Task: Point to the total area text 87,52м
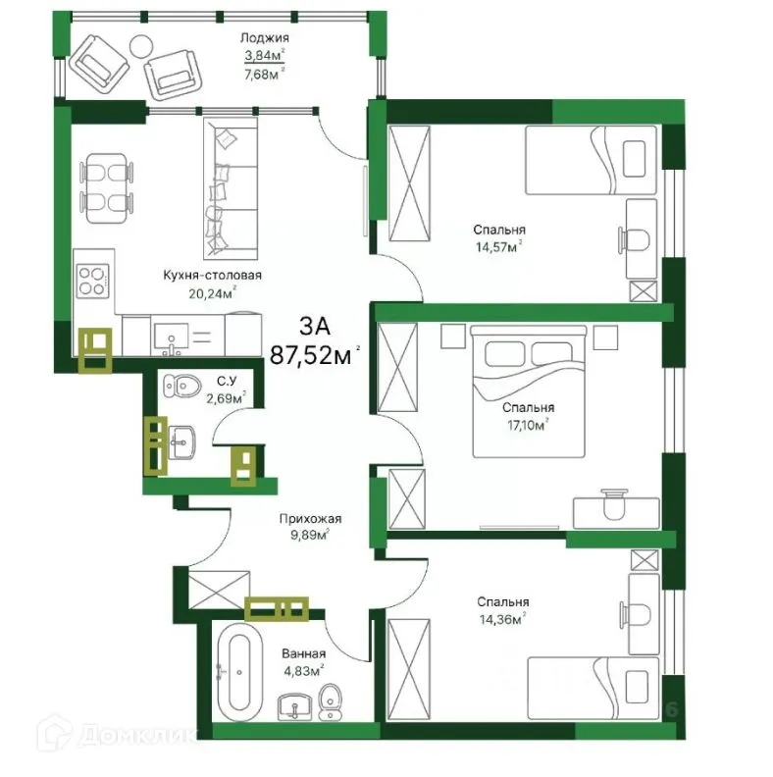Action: point(315,354)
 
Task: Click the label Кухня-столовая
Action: point(213,276)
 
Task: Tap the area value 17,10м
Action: point(527,424)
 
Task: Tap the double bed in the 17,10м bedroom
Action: point(529,393)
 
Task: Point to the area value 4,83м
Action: point(302,671)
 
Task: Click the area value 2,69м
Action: point(223,397)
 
